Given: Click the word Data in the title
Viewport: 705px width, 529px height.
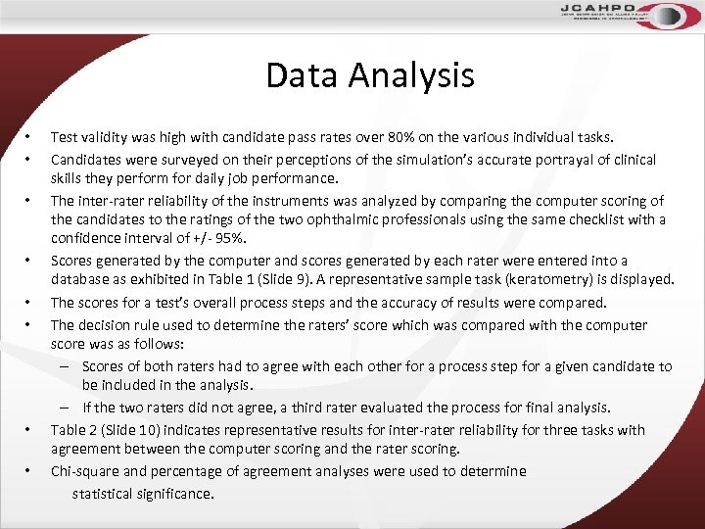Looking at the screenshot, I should coord(301,75).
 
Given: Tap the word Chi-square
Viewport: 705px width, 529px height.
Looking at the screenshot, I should coord(86,471).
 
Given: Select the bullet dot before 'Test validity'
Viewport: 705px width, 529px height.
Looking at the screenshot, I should coord(30,138).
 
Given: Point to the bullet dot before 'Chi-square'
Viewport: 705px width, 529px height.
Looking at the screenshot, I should coord(30,471).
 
